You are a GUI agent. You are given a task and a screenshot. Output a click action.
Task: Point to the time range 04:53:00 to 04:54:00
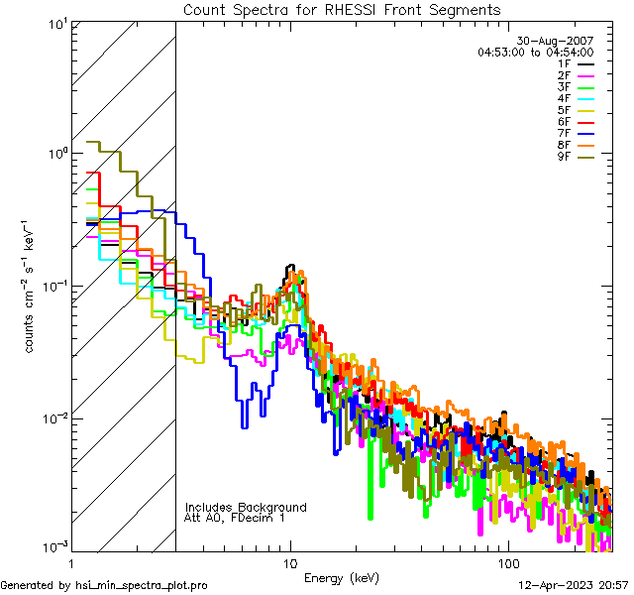[535, 52]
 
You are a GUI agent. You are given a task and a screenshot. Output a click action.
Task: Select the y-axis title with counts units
[32, 287]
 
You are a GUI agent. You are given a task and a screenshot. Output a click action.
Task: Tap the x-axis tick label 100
[506, 562]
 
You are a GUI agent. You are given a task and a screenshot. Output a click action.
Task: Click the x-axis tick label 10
[290, 562]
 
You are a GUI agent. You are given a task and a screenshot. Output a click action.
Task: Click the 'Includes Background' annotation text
[246, 507]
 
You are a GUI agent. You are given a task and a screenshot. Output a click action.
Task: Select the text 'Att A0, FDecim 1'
[235, 518]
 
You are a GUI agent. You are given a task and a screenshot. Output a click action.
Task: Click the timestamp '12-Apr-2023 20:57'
[574, 585]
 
